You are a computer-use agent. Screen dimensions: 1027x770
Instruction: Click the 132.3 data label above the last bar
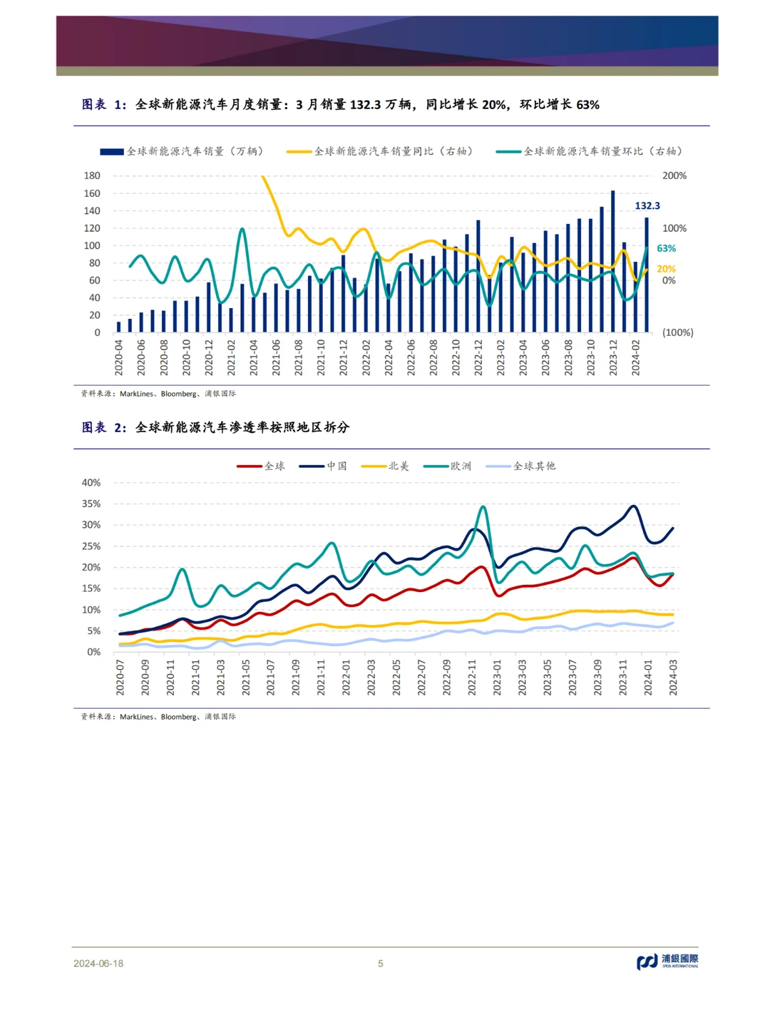(647, 206)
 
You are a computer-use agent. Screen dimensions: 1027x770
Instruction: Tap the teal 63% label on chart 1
(666, 248)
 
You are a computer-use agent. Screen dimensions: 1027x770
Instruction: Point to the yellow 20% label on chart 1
(666, 269)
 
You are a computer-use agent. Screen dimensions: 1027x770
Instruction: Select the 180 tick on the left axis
(92, 175)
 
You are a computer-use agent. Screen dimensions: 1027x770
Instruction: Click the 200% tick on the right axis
(674, 175)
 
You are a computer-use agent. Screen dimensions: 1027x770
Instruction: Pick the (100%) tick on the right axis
(677, 332)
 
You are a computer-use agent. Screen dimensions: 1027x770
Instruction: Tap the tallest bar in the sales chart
(613, 261)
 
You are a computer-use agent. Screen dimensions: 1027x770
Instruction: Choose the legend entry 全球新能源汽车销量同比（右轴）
(394, 151)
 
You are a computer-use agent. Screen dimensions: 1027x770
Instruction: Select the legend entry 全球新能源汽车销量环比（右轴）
(603, 151)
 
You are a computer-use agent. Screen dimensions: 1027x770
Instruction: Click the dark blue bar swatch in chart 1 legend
(112, 152)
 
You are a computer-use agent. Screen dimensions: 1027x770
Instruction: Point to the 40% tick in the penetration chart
(91, 483)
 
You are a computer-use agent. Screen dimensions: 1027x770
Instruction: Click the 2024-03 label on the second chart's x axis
(673, 677)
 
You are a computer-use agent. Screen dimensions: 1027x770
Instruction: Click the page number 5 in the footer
(381, 964)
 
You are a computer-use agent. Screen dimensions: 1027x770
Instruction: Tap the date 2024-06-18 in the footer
(98, 964)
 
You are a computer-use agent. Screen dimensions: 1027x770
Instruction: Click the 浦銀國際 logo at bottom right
(667, 961)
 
